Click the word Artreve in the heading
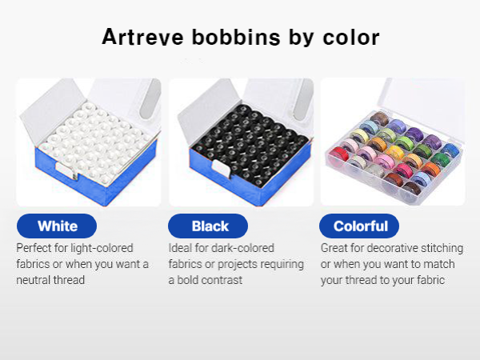[142, 37]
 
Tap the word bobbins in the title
[236, 37]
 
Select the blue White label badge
[57, 226]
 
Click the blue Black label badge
[208, 226]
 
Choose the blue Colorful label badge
[359, 226]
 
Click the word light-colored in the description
[102, 248]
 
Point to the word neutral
[34, 280]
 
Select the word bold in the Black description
[188, 280]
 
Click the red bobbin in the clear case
[338, 153]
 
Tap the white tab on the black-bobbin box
[221, 168]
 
